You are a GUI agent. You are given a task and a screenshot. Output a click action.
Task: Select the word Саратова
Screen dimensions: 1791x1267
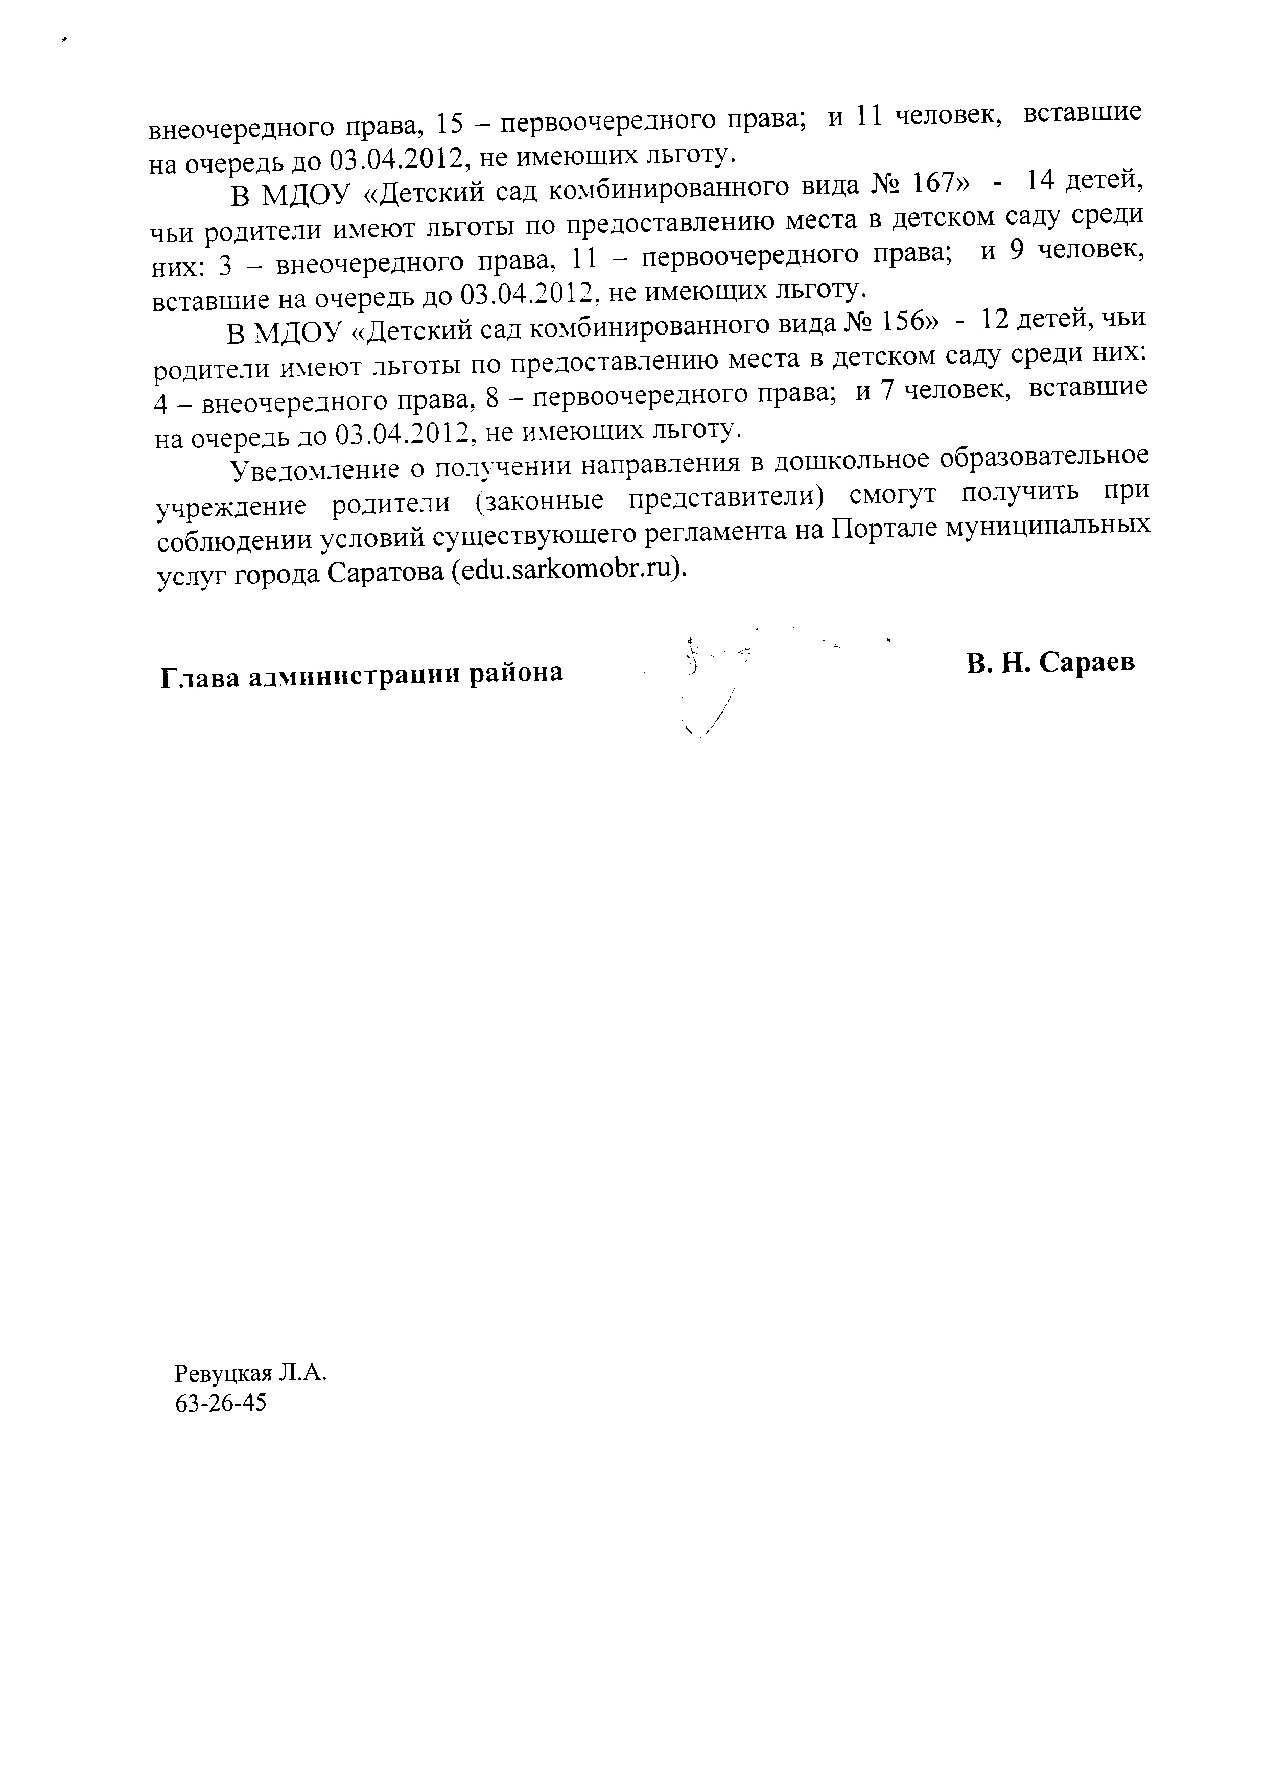coord(385,572)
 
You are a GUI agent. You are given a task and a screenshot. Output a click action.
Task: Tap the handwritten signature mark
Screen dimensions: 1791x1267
coord(714,679)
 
